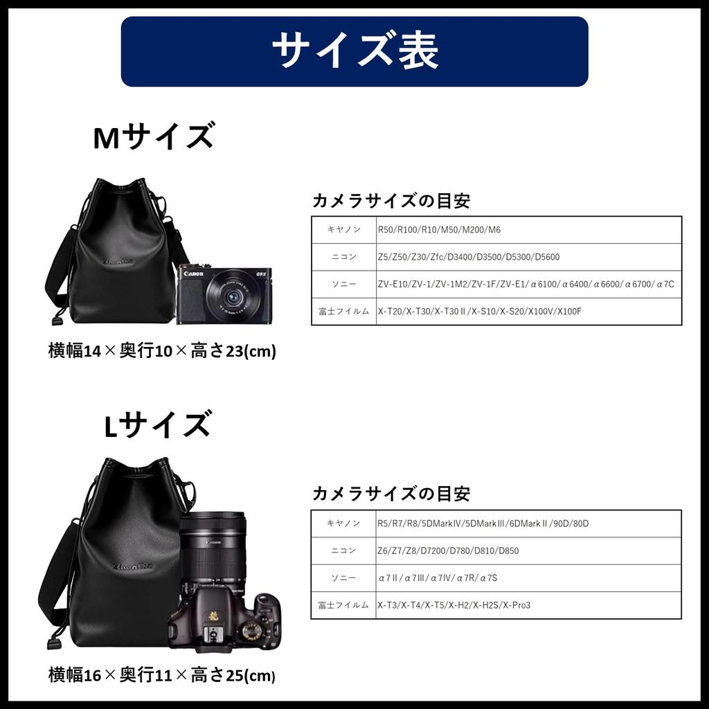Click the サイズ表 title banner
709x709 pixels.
pyautogui.click(x=354, y=51)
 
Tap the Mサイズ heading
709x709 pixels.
pyautogui.click(x=153, y=137)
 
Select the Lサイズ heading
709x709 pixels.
pyautogui.click(x=157, y=425)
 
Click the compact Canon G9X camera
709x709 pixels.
pyautogui.click(x=224, y=295)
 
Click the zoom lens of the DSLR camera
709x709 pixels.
pyautogui.click(x=212, y=547)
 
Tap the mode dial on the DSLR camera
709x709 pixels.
pyautogui.click(x=251, y=630)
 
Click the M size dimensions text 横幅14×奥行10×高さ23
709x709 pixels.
pyautogui.click(x=162, y=351)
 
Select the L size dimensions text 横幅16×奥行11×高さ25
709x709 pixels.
pyautogui.click(x=162, y=674)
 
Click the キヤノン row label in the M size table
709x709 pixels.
pyautogui.click(x=343, y=229)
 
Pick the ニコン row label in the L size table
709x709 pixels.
pyautogui.click(x=343, y=550)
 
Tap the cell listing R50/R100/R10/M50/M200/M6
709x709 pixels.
pyautogui.click(x=439, y=229)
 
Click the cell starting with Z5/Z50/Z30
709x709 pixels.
pyautogui.click(x=468, y=257)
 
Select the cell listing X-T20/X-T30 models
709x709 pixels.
pyautogui.click(x=479, y=312)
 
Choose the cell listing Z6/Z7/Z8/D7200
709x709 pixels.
pyautogui.click(x=448, y=550)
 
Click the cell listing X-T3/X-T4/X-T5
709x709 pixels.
pyautogui.click(x=454, y=605)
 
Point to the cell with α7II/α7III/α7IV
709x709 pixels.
pyautogui.click(x=438, y=578)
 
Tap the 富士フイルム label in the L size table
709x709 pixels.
pyautogui.click(x=343, y=605)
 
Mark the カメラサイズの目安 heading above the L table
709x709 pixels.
pyautogui.click(x=391, y=494)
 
